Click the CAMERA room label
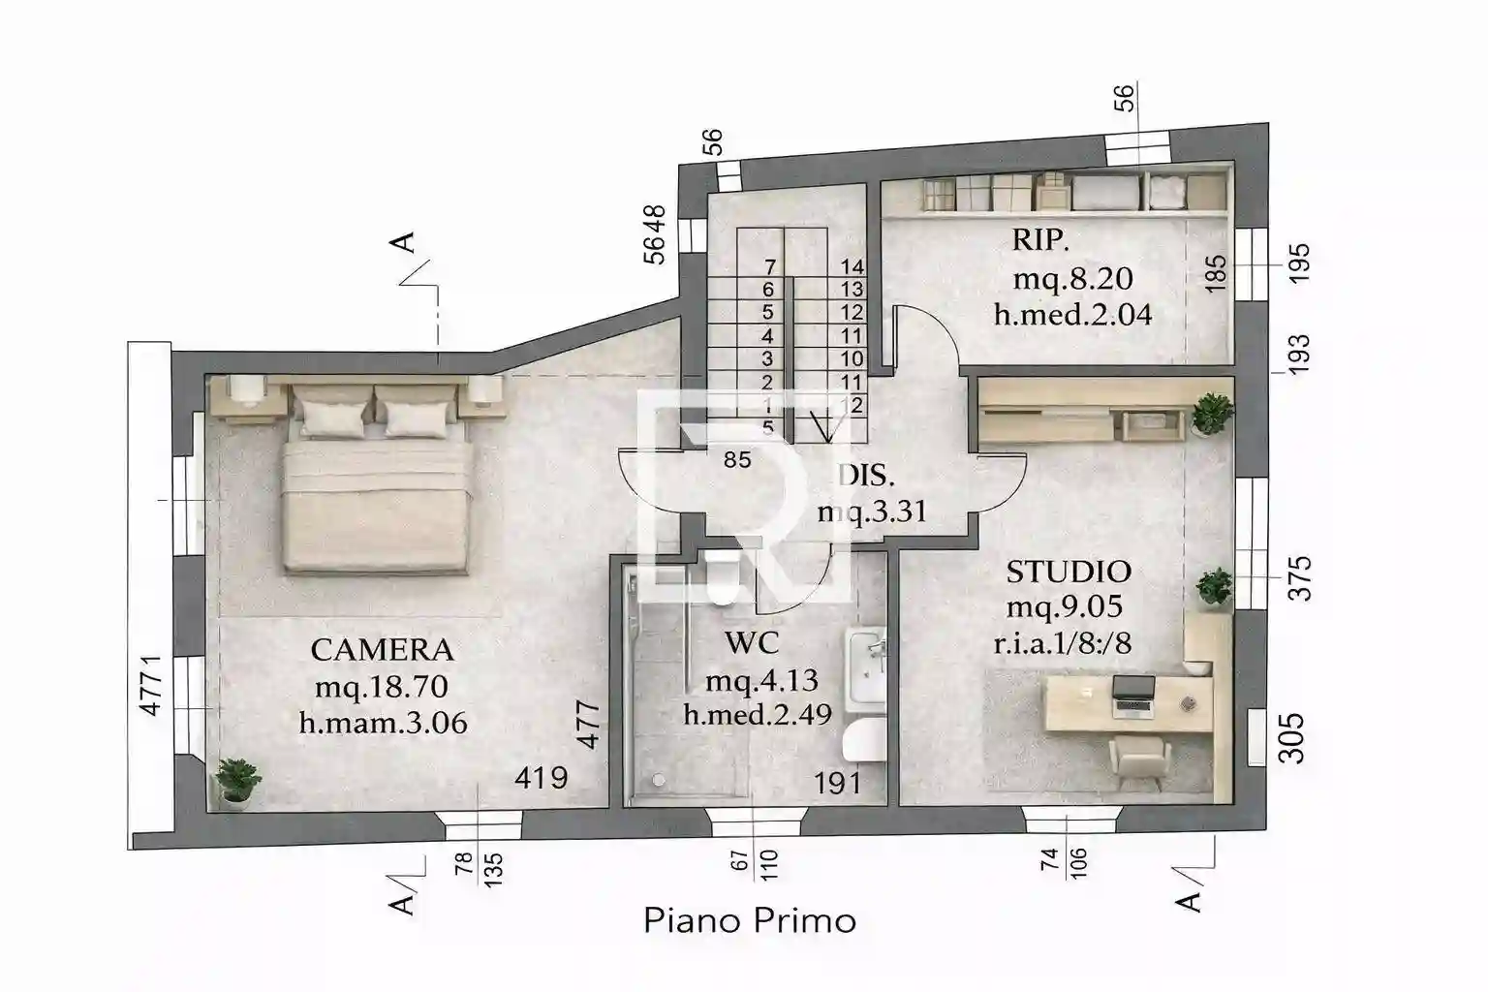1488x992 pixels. tap(382, 649)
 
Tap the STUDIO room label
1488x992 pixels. tap(1068, 572)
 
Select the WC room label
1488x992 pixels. tap(751, 642)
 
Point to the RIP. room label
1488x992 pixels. tap(1041, 238)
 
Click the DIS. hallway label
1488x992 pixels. tap(866, 476)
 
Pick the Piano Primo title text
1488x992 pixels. tap(750, 919)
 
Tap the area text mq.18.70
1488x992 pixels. tap(382, 687)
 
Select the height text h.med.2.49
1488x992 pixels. tap(758, 715)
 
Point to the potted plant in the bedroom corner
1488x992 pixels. tap(236, 781)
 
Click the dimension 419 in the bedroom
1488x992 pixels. tap(541, 777)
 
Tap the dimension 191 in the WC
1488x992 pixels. tap(837, 782)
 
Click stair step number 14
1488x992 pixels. tap(852, 266)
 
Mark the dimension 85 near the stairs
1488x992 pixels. tap(737, 460)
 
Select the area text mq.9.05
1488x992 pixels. tap(1064, 607)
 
